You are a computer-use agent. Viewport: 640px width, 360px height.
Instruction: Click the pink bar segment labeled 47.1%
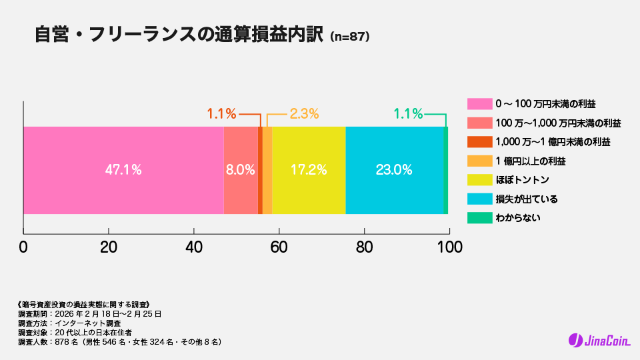(123, 170)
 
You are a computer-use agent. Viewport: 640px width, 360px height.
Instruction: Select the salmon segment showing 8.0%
(240, 170)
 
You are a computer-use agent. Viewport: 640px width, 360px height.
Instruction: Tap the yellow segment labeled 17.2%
(309, 170)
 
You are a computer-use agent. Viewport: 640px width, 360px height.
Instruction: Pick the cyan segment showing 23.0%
(394, 170)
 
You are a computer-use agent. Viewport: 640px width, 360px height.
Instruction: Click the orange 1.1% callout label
(221, 114)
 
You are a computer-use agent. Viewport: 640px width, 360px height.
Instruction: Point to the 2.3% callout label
(304, 114)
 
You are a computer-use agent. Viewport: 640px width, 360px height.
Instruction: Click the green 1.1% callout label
(408, 114)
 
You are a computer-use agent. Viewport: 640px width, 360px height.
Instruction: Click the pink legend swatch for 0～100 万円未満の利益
(479, 104)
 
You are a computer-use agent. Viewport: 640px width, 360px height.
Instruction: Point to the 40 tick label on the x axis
(194, 247)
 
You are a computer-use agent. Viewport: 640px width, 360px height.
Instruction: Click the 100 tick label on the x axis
(449, 247)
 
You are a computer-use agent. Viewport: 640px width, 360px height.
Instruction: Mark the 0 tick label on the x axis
(23, 247)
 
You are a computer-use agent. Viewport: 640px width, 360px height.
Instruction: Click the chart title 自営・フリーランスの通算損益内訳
(180, 35)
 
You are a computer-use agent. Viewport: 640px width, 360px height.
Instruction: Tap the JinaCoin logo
(599, 340)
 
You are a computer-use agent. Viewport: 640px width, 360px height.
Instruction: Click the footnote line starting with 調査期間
(89, 313)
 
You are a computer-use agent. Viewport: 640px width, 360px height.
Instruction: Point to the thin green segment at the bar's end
(445, 170)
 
